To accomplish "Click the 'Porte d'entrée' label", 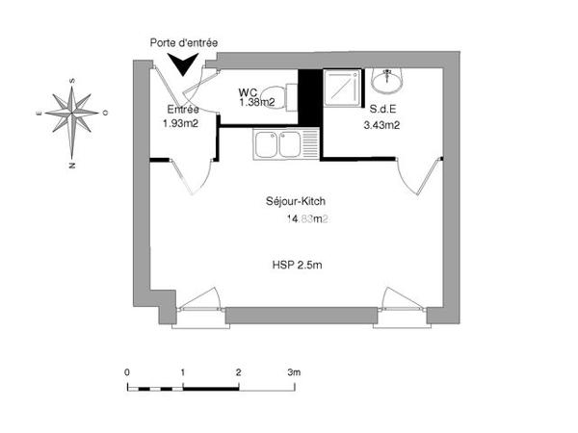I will [183, 43].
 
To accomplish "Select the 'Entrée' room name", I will [184, 110].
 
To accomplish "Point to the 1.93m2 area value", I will [180, 123].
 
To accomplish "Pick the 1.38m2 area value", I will [258, 101].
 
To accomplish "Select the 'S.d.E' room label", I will [378, 110].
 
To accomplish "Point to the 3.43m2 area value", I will [381, 124].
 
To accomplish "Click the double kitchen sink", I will [277, 145].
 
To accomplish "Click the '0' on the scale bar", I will [127, 370].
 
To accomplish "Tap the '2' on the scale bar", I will [238, 370].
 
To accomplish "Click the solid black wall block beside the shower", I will [309, 97].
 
